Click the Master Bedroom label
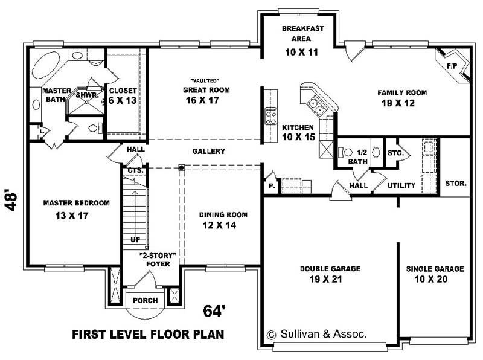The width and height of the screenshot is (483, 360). click(x=76, y=203)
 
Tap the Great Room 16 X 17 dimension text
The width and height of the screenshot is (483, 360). click(x=202, y=100)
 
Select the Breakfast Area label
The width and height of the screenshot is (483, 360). click(x=302, y=33)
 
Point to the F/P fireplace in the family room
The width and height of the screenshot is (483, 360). click(x=452, y=66)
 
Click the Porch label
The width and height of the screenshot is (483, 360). click(x=146, y=300)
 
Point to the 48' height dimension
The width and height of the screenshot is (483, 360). click(x=11, y=201)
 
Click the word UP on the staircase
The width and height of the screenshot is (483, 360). click(x=135, y=239)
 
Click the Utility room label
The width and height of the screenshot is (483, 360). click(x=401, y=185)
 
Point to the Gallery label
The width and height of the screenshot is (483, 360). click(x=209, y=151)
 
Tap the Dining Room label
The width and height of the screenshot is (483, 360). click(x=223, y=214)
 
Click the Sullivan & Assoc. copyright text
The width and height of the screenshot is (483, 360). click(x=316, y=333)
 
